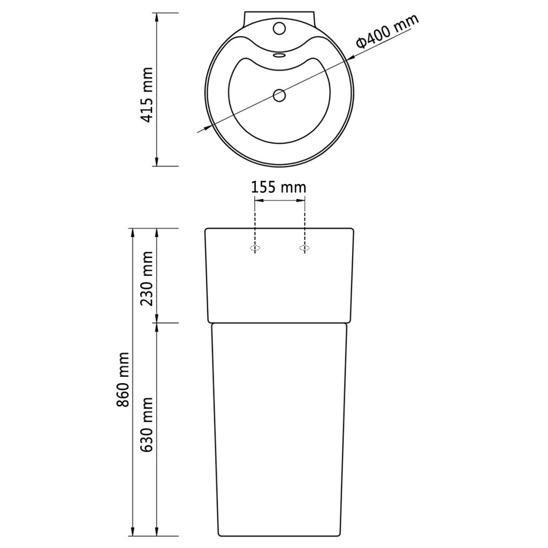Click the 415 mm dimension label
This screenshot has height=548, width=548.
pos(147,95)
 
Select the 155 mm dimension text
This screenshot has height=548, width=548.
pos(279,188)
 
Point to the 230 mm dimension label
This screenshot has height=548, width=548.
pos(147,278)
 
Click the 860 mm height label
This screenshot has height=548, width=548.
pos(123,379)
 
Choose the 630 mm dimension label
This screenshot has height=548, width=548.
pos(147,424)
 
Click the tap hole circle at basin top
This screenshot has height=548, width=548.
pos(279,28)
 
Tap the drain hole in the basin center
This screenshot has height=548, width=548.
pos(279,95)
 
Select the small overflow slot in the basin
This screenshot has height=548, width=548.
pos(279,55)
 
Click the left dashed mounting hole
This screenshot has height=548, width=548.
pos(255,248)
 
